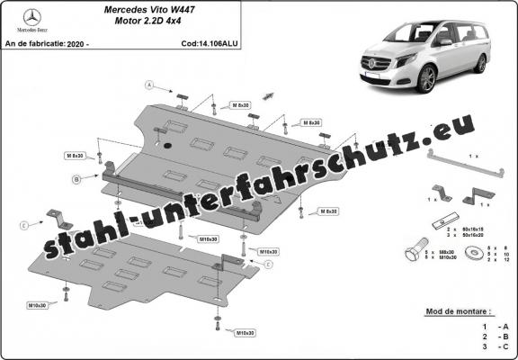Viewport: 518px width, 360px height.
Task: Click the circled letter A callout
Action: click(x=151, y=85)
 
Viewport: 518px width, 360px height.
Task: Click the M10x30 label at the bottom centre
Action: click(x=243, y=333)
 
